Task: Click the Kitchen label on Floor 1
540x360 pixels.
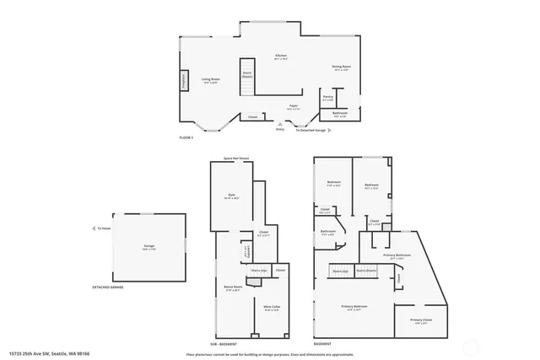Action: [x=281, y=56]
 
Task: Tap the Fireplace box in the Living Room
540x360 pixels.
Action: [x=183, y=81]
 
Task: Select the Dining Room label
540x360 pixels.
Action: [x=342, y=67]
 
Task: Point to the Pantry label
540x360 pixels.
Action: [x=327, y=97]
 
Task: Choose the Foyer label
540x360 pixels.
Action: [x=294, y=106]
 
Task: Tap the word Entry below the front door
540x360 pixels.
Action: [x=280, y=129]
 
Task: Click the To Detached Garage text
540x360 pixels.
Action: [x=310, y=130]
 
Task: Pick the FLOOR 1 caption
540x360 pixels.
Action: [x=186, y=137]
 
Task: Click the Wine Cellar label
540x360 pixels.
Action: [x=272, y=308]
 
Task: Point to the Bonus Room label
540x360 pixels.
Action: [x=234, y=287]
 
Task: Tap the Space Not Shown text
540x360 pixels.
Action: [x=236, y=158]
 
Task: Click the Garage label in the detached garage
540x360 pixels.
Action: [x=148, y=246]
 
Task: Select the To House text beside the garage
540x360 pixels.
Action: [x=104, y=228]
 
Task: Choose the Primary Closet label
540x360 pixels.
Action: [x=421, y=320]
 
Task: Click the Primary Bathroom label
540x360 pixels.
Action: [x=397, y=254]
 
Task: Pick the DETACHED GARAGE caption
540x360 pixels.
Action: [x=108, y=287]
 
